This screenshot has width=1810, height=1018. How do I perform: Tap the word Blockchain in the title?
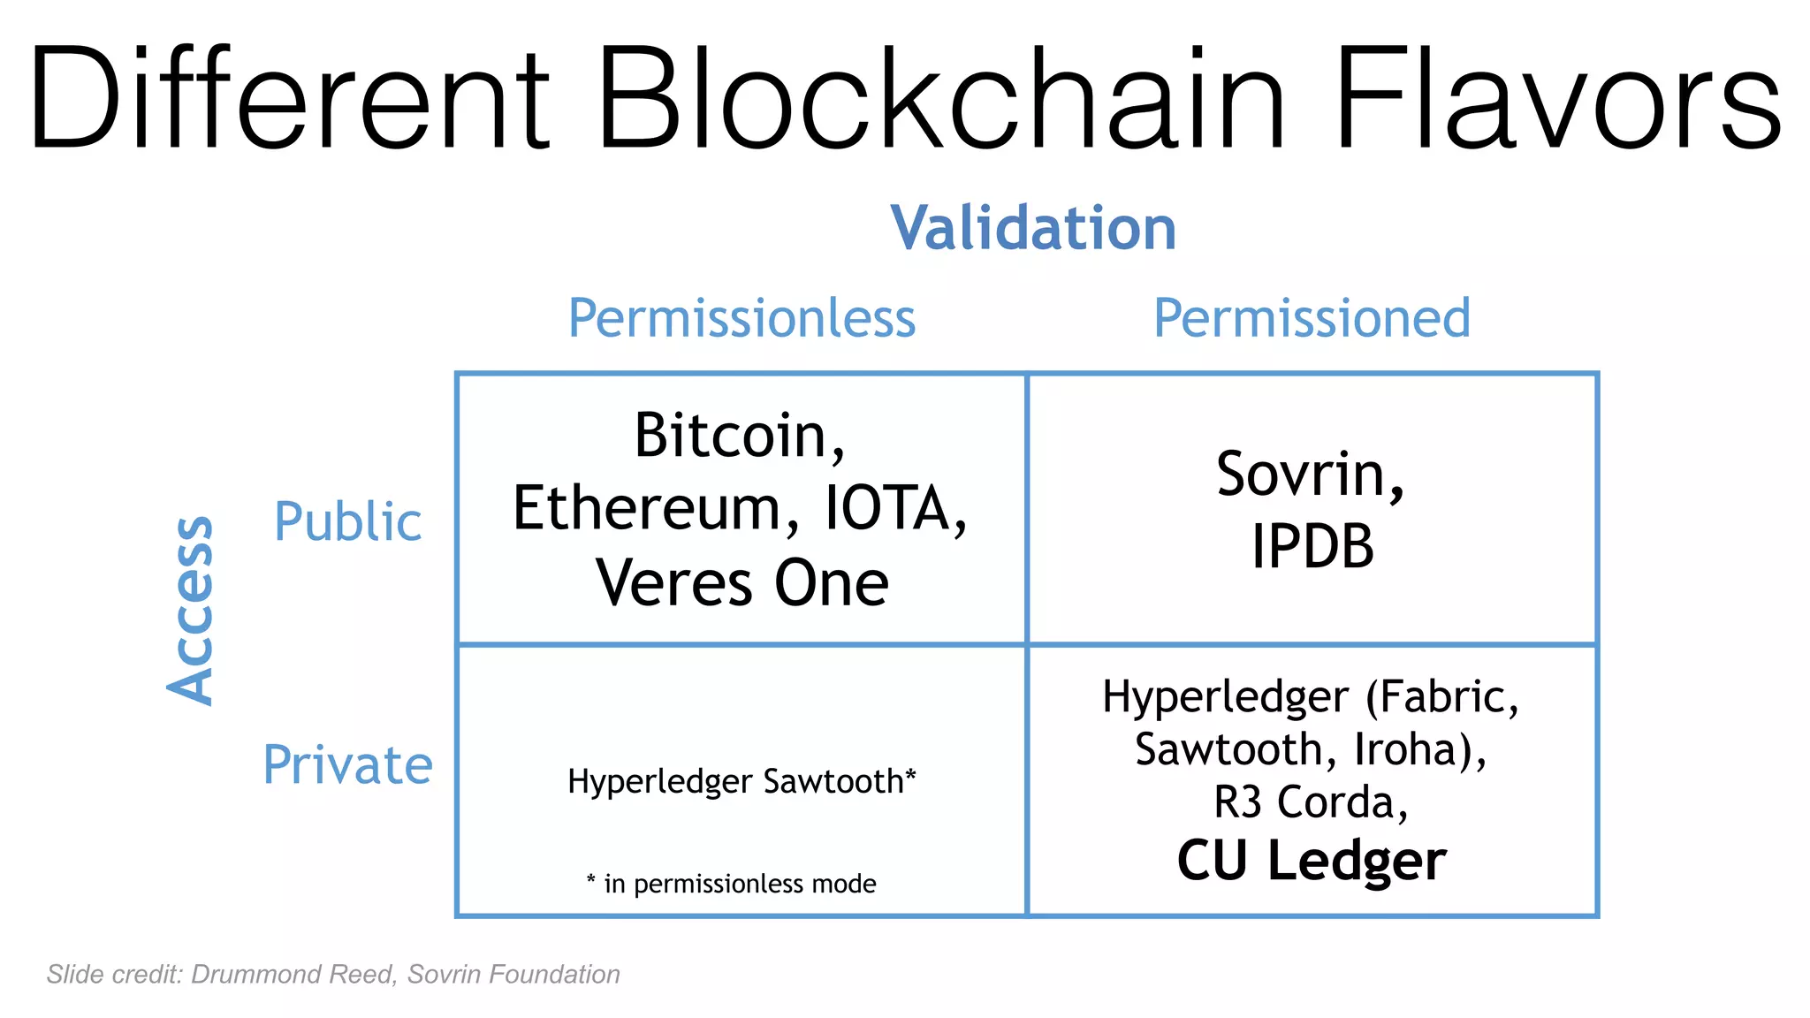940,99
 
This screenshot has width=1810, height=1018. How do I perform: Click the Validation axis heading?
1032,228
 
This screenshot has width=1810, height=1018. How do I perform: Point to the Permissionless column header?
741,318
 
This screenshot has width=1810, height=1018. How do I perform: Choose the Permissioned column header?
1312,318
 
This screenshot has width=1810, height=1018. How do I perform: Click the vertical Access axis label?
191,610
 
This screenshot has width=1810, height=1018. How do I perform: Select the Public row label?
347,521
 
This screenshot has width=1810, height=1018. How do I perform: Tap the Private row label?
347,764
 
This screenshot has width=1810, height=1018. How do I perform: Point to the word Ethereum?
645,509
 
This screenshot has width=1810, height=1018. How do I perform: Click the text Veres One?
741,583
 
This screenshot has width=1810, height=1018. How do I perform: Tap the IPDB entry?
1312,546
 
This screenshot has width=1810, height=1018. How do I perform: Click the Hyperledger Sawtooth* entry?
741,781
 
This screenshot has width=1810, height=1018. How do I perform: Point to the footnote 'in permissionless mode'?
739,884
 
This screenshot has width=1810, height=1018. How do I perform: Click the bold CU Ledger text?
1312,861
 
